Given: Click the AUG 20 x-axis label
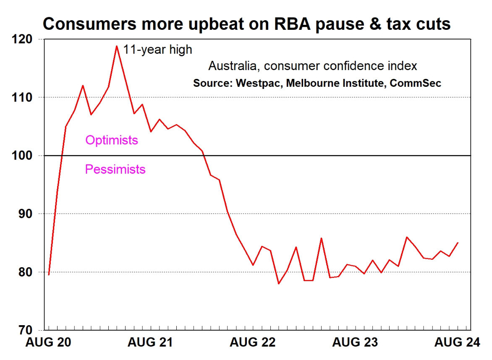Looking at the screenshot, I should click(x=48, y=342).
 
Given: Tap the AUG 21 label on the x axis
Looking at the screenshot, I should click(x=150, y=342).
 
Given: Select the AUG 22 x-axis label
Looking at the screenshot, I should click(x=252, y=342).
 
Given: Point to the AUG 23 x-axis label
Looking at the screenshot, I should click(x=355, y=342).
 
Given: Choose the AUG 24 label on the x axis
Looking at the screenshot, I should click(x=457, y=342).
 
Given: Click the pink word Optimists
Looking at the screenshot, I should click(x=111, y=140).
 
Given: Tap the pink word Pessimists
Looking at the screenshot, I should click(x=115, y=170).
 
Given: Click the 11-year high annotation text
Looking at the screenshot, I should click(x=157, y=50).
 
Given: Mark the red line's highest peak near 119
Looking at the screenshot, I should click(x=117, y=46).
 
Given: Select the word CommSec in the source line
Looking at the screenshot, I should click(x=415, y=83).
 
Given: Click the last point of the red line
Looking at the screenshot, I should click(x=458, y=243).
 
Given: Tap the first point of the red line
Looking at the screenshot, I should click(x=49, y=275).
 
